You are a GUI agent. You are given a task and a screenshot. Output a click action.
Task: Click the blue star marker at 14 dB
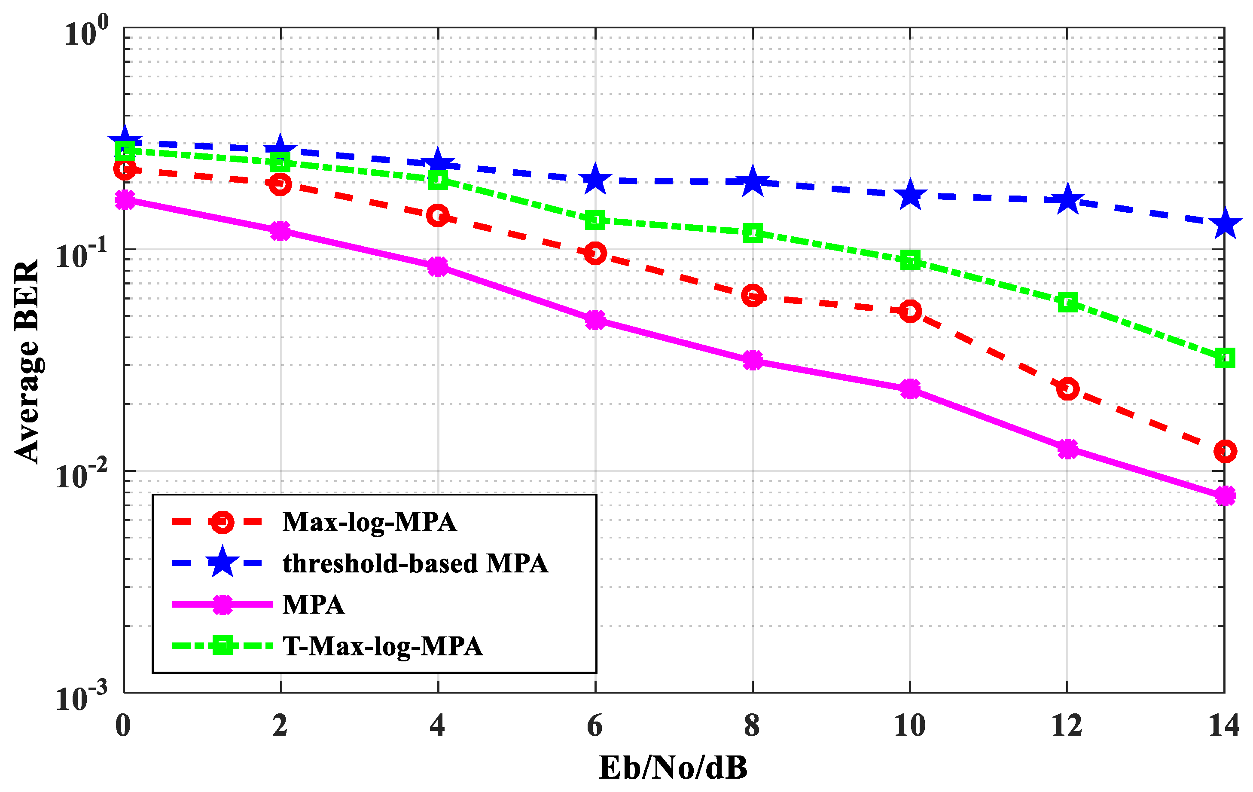point(1224,223)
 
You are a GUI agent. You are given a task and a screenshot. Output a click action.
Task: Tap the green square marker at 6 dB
point(595,220)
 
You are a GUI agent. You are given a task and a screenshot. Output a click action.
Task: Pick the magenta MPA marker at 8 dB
point(753,360)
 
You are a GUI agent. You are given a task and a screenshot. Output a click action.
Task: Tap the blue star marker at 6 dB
point(595,180)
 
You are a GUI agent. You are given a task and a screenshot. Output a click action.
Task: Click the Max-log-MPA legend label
point(369,522)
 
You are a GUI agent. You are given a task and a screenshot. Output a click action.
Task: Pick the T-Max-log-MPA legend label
point(382,646)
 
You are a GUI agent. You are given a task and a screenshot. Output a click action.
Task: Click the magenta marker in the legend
point(222,605)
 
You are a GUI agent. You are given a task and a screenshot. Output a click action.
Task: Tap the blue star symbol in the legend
point(222,563)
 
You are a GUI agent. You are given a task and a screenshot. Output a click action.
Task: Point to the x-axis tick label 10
point(909,725)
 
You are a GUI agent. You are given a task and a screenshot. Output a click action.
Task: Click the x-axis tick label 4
point(437,725)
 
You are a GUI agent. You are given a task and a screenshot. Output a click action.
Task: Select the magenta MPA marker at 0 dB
point(125,199)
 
